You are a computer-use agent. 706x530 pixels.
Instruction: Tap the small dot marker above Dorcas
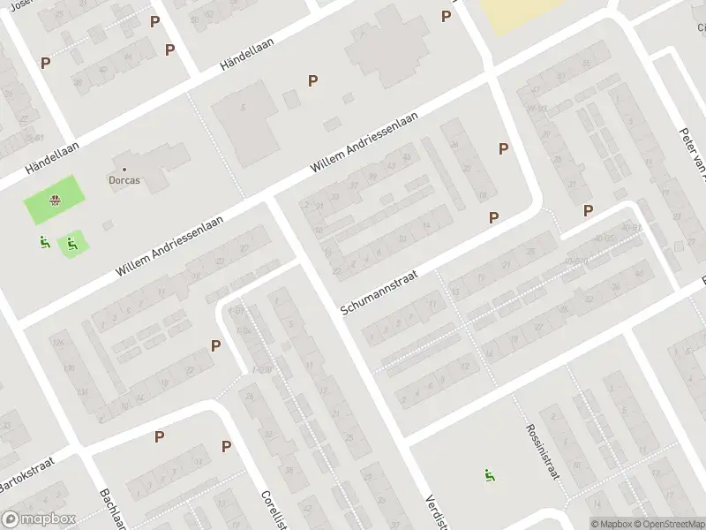(124, 168)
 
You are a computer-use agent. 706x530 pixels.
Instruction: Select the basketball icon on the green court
(56, 200)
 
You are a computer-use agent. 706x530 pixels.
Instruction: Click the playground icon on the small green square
(72, 244)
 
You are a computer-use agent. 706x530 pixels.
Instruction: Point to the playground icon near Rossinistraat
(488, 475)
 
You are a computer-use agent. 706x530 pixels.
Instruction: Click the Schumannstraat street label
(379, 292)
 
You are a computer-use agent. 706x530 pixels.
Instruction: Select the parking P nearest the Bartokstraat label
(159, 436)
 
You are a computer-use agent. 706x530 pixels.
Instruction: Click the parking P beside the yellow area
(447, 16)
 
